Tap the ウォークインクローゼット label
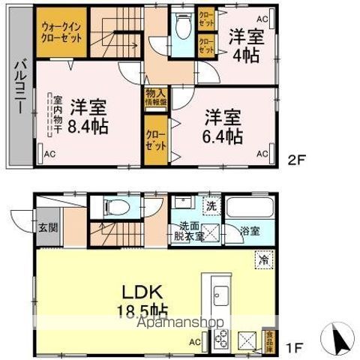click(63, 31)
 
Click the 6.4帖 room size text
click(224, 136)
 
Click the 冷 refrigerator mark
click(263, 259)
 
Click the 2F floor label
click(298, 158)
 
